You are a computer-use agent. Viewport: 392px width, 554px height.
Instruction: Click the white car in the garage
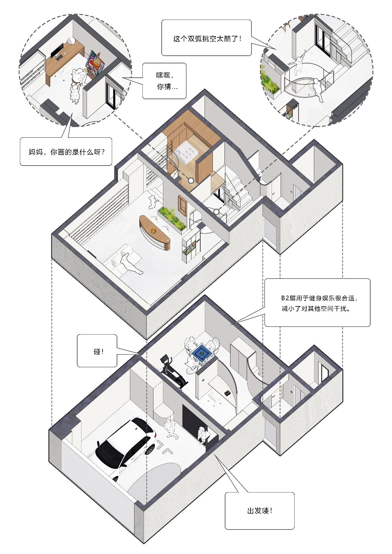click(126, 447)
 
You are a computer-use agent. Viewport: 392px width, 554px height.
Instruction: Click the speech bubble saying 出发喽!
click(259, 510)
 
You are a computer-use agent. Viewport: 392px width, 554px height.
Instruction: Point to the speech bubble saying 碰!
click(97, 350)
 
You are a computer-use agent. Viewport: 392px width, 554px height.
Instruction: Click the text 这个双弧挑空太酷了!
click(207, 39)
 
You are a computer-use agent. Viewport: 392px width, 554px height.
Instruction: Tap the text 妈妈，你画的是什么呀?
click(66, 152)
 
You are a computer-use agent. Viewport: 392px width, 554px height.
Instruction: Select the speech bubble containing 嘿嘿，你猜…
click(164, 81)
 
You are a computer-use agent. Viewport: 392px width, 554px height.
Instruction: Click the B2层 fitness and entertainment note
click(317, 303)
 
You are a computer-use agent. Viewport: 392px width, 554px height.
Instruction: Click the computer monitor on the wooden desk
click(57, 51)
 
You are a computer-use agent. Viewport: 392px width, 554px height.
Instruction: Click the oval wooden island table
click(155, 232)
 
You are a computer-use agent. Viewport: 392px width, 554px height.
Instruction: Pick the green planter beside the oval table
click(172, 218)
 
